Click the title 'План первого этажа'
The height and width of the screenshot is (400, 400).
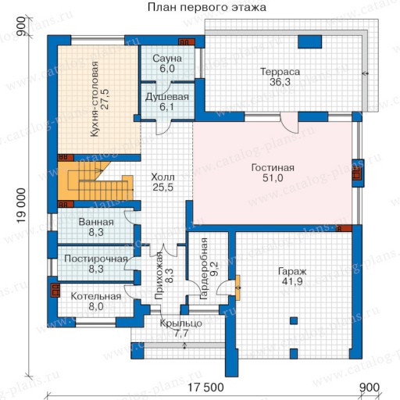click(x=207, y=7)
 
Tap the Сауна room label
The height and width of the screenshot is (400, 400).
click(x=167, y=59)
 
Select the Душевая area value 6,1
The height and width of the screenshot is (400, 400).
click(x=167, y=107)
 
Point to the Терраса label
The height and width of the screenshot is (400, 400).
click(x=280, y=72)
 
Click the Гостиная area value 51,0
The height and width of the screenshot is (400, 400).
click(x=273, y=178)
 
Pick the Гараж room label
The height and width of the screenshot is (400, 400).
click(x=292, y=271)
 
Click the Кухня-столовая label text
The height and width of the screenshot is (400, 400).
click(x=95, y=99)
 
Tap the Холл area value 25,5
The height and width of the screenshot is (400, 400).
click(x=163, y=187)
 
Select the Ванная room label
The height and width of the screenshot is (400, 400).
click(x=96, y=222)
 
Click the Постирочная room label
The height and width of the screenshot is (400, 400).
click(x=96, y=259)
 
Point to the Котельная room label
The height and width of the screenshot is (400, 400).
click(x=96, y=296)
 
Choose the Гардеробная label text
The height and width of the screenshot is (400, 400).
click(x=204, y=269)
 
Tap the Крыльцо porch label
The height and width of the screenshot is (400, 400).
click(x=181, y=323)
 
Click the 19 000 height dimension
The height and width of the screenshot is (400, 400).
click(x=22, y=205)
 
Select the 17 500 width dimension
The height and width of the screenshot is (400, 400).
click(x=205, y=387)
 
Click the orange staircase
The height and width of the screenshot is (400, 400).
click(x=95, y=181)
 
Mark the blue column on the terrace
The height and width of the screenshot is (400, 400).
click(x=309, y=42)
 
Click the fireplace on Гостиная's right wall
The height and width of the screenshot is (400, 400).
click(x=357, y=173)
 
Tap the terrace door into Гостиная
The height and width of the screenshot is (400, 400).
click(x=289, y=123)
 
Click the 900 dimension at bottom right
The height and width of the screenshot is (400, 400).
click(x=370, y=387)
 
